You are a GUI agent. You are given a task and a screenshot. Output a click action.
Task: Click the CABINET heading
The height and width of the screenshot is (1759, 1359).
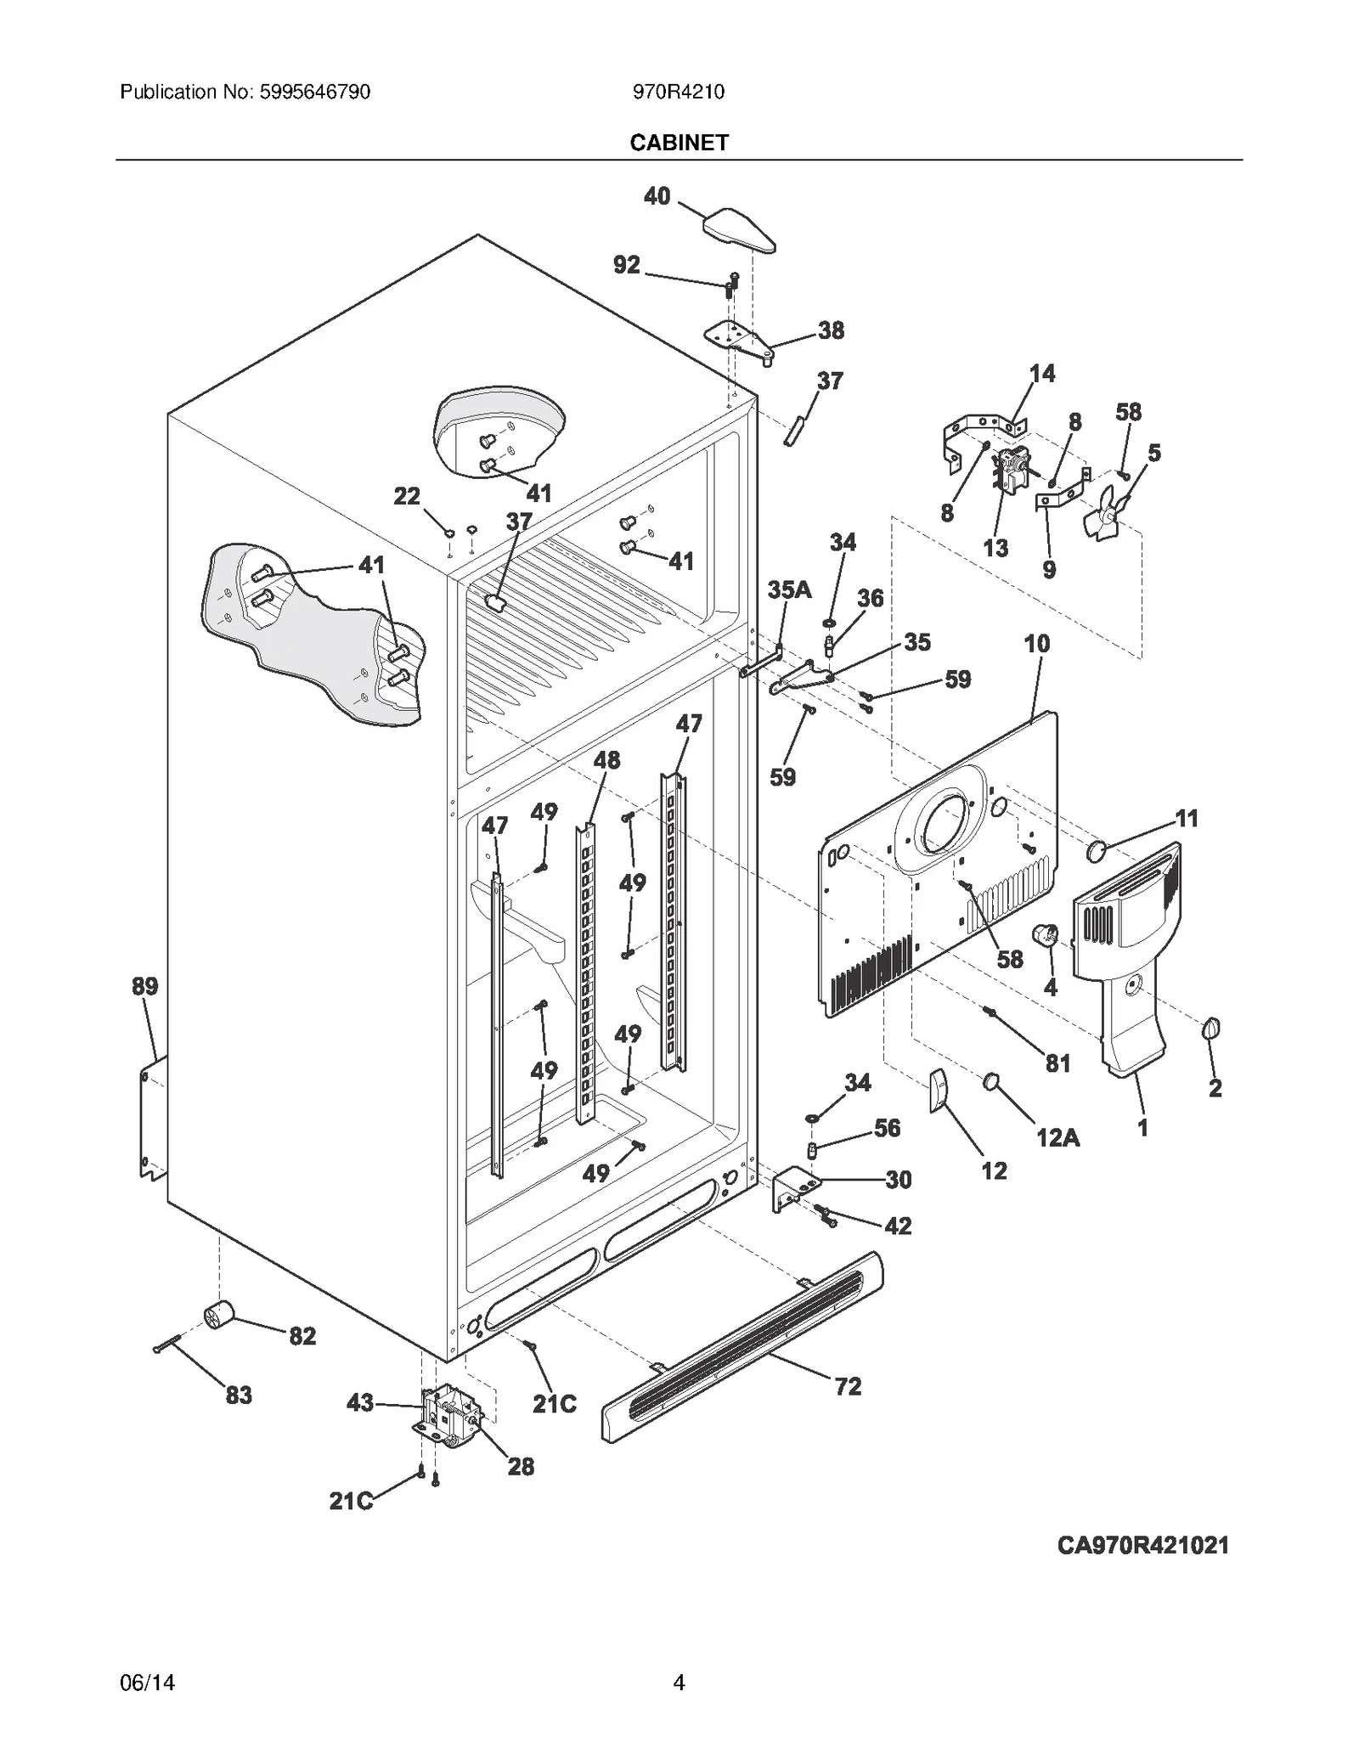pyautogui.click(x=679, y=143)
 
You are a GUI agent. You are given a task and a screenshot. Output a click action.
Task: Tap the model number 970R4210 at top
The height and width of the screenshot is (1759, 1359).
pyautogui.click(x=678, y=92)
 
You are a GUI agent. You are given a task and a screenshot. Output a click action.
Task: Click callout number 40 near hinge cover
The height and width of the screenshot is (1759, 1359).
pyautogui.click(x=657, y=196)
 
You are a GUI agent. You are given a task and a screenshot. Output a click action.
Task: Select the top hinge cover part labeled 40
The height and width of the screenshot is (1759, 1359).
pyautogui.click(x=738, y=230)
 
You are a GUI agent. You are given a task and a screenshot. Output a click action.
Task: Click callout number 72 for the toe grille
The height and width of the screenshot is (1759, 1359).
pyautogui.click(x=848, y=1386)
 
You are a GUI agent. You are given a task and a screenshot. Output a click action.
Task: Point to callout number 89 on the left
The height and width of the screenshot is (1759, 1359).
pyautogui.click(x=144, y=986)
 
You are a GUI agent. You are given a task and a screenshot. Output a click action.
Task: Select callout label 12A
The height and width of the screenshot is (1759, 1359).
pyautogui.click(x=1057, y=1137)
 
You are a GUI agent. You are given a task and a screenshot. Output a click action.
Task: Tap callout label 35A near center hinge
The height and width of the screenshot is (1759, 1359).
pyautogui.click(x=789, y=589)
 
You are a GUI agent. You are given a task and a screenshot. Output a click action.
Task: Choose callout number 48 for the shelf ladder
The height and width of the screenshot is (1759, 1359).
pyautogui.click(x=606, y=759)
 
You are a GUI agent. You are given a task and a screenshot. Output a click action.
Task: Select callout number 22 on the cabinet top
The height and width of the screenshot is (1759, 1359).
pyautogui.click(x=407, y=495)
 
